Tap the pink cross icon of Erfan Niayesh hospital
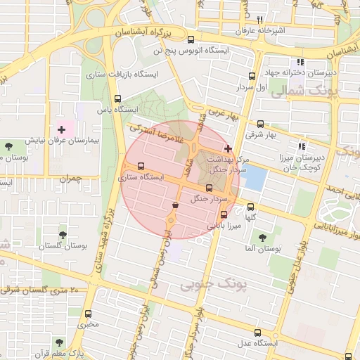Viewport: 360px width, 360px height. click(x=62, y=129)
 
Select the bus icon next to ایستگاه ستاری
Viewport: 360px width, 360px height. click(x=141, y=167)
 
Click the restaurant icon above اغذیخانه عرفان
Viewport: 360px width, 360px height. click(x=259, y=20)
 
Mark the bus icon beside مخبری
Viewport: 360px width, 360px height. click(x=88, y=314)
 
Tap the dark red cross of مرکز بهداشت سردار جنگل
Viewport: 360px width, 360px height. click(x=227, y=148)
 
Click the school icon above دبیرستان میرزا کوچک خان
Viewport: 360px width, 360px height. click(x=302, y=146)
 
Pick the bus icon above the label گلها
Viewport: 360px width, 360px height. click(x=250, y=206)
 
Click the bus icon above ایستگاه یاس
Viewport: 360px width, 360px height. click(x=117, y=99)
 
